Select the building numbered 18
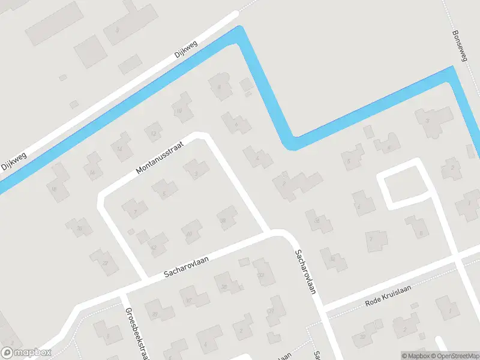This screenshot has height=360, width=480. click(55, 188)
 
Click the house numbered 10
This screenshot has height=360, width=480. click(178, 110)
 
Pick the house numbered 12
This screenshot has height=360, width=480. click(154, 133)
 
